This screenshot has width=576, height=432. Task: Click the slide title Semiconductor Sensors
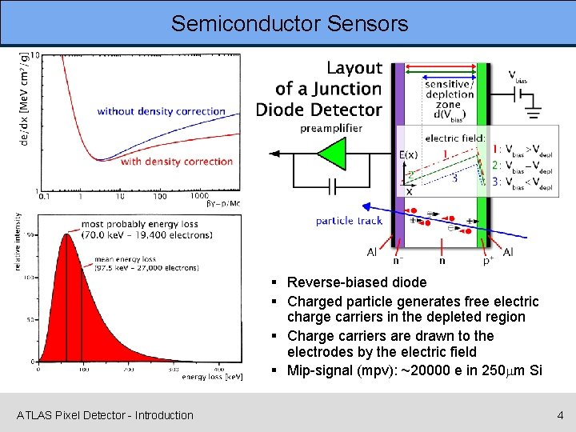click(x=289, y=23)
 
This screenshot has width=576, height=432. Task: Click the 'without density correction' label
click(x=161, y=111)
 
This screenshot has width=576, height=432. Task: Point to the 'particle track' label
click(x=349, y=221)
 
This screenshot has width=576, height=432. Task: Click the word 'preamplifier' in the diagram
click(x=331, y=128)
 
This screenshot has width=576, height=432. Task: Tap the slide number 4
click(x=560, y=415)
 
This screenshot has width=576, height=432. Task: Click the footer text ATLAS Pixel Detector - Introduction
click(x=105, y=415)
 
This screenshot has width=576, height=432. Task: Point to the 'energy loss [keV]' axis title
click(x=212, y=375)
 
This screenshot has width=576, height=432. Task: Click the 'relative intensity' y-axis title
click(x=18, y=241)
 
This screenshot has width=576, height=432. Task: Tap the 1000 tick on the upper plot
click(x=199, y=196)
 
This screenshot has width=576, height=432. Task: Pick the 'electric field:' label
click(x=454, y=138)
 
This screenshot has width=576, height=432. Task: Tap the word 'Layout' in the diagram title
click(x=354, y=69)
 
